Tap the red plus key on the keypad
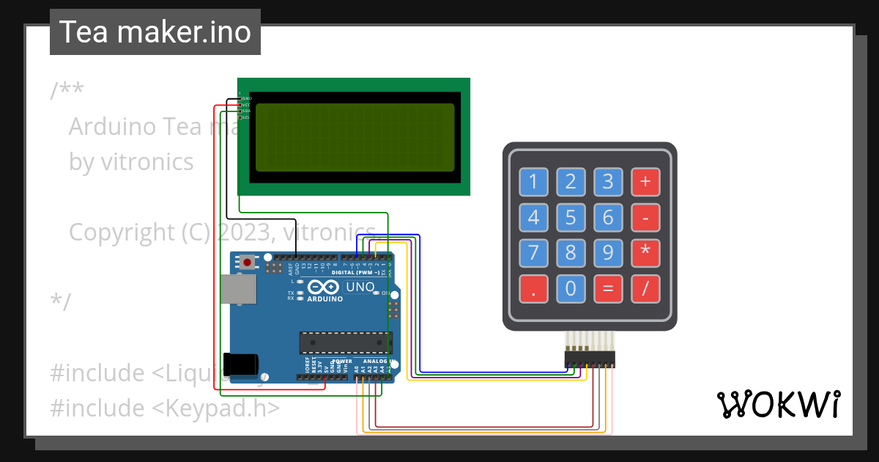(645, 181)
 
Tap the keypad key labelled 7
(534, 253)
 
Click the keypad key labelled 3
(607, 181)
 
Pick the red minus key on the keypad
(645, 217)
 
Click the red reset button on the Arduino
(248, 262)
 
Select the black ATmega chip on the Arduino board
(345, 342)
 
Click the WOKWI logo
(778, 404)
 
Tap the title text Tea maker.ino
(155, 32)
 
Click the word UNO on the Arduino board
(360, 287)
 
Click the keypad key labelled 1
(534, 181)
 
